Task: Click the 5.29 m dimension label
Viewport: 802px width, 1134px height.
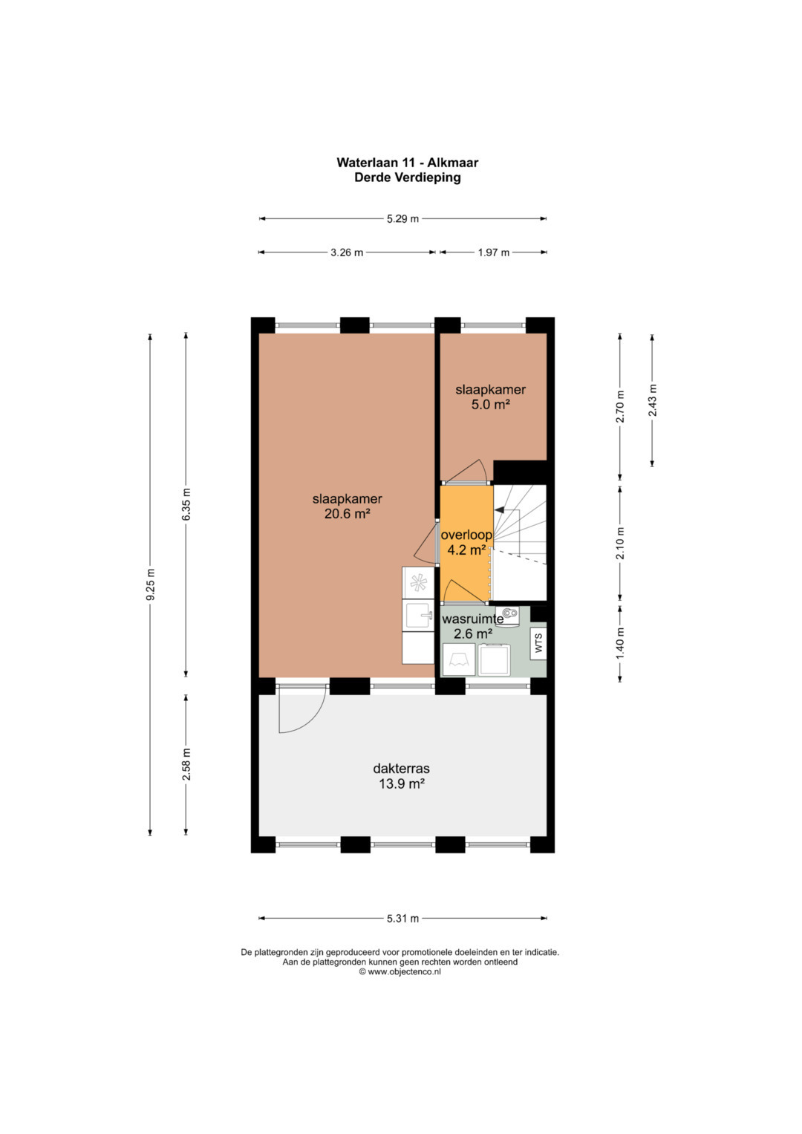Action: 402,219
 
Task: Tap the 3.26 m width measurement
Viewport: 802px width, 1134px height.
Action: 347,252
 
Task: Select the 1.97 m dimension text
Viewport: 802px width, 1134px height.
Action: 494,252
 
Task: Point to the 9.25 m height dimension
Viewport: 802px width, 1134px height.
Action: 150,584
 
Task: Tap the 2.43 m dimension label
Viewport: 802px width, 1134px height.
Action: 652,400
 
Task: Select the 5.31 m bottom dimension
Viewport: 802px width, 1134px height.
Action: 402,919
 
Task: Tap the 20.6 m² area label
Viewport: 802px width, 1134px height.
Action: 347,515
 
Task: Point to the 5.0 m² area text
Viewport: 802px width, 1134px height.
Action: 490,405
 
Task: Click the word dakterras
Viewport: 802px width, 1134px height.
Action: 401,769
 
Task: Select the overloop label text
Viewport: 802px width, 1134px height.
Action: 466,535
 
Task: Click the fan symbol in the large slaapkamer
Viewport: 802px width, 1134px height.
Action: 418,583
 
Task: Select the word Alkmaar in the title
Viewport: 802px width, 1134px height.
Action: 453,163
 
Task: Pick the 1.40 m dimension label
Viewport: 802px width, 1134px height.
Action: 620,643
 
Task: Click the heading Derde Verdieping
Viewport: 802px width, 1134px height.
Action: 407,177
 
